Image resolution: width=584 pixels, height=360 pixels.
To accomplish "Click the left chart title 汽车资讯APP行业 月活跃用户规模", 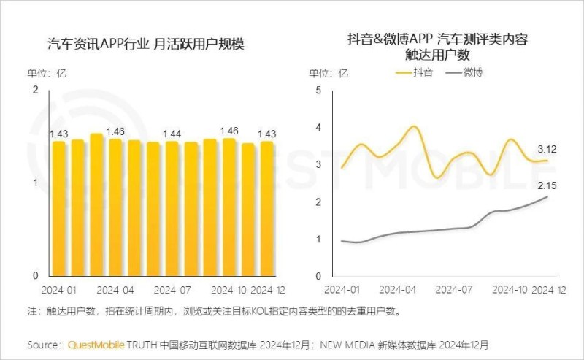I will [144, 45].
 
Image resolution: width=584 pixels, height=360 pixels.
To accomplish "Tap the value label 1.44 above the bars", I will [172, 134].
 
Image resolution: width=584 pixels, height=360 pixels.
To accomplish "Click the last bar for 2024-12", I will [266, 208].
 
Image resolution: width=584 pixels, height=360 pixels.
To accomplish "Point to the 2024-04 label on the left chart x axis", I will [115, 289].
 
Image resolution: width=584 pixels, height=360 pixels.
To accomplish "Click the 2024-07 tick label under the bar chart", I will [172, 289].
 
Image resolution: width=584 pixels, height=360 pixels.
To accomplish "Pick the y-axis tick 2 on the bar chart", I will [35, 90].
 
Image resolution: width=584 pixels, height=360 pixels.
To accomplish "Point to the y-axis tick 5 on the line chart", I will [317, 90].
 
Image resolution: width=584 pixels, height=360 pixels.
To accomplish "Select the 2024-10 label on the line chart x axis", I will [510, 290].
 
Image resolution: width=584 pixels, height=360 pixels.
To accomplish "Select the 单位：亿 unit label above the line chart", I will [330, 73].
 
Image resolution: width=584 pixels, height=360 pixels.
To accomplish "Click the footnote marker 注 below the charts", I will [32, 312].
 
